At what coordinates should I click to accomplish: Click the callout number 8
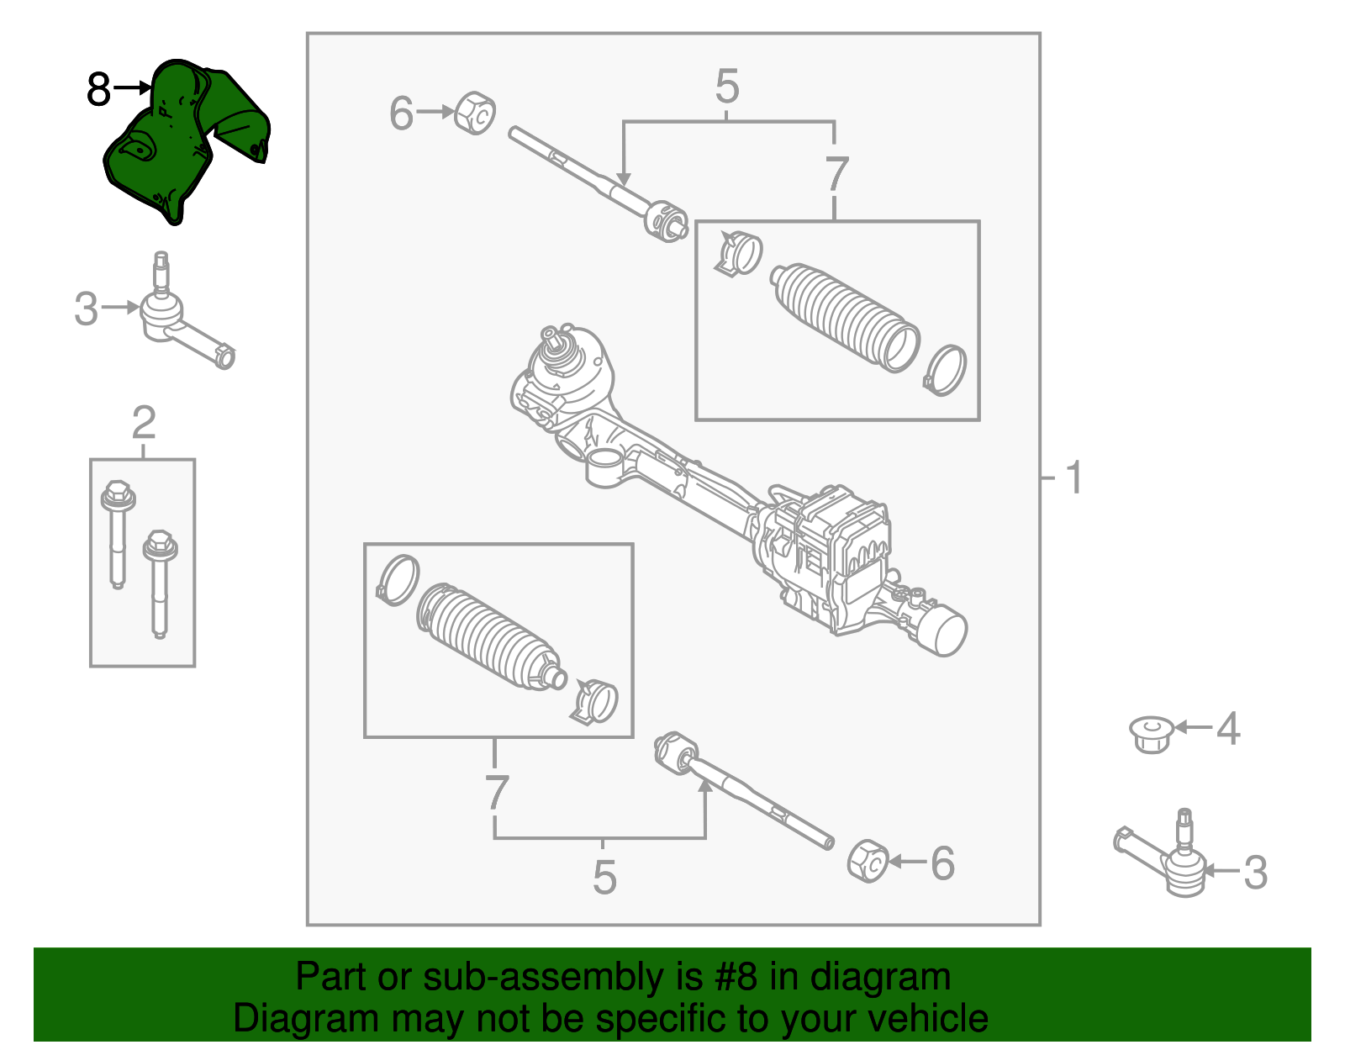tap(98, 89)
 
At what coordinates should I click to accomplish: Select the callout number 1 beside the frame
tap(1073, 478)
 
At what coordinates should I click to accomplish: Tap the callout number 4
tap(1228, 728)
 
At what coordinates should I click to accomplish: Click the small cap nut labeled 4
tap(1151, 734)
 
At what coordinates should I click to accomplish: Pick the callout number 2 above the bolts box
tap(144, 422)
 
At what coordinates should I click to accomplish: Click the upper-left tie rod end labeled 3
tap(181, 324)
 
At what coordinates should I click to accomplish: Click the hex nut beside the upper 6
tap(475, 113)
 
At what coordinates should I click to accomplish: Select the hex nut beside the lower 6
tap(868, 861)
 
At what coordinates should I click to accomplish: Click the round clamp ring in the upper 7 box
tap(946, 370)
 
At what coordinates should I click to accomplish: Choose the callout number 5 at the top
tap(727, 87)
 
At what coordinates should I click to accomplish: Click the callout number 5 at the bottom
tap(604, 878)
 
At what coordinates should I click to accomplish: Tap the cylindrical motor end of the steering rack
tap(944, 630)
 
